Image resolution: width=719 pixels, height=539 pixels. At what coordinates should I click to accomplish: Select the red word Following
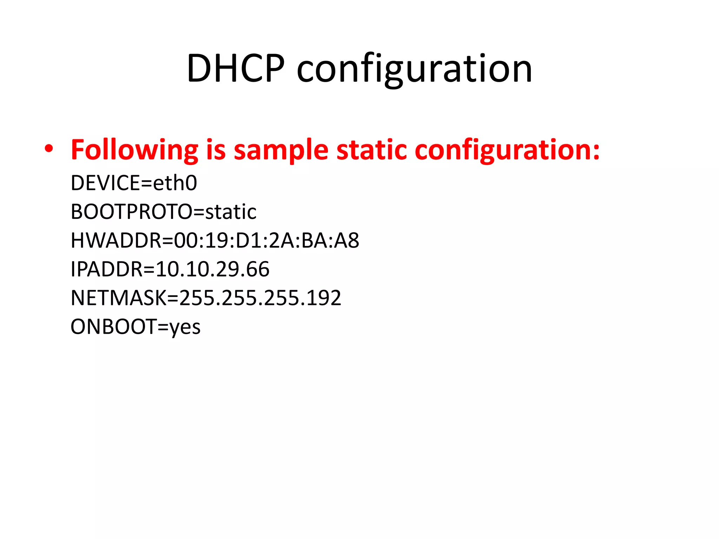tap(134, 150)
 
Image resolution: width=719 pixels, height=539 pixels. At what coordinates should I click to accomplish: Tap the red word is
tap(216, 149)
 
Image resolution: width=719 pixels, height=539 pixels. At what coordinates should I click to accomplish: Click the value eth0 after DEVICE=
tap(175, 183)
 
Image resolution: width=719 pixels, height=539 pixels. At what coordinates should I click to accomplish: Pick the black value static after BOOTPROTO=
tap(231, 212)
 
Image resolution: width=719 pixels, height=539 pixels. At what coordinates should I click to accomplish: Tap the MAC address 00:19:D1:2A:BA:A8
tap(266, 240)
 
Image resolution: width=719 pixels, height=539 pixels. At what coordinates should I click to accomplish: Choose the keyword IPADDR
tap(107, 269)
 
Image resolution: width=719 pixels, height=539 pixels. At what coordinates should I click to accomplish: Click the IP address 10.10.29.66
tap(212, 269)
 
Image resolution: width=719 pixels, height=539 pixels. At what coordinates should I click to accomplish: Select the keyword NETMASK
tap(118, 298)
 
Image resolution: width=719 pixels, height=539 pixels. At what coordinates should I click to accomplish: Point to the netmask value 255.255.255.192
tap(260, 298)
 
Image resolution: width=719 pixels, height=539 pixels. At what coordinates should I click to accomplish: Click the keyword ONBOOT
tap(113, 327)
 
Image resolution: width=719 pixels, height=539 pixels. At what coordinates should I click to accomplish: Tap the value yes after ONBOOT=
tap(185, 327)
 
